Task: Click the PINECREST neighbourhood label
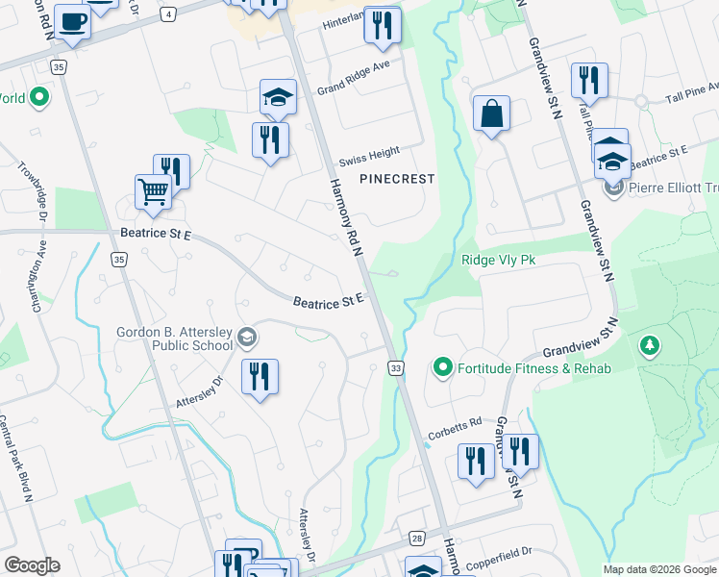tap(397, 179)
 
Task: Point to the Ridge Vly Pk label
tap(498, 259)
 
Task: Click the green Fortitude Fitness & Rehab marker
tap(443, 366)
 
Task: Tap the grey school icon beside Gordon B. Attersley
tap(248, 336)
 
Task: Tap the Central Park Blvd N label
tap(16, 457)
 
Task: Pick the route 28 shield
tap(416, 539)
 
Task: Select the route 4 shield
tap(169, 14)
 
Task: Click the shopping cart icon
tap(153, 191)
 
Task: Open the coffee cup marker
tap(71, 21)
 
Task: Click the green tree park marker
tap(650, 344)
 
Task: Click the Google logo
tap(32, 565)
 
